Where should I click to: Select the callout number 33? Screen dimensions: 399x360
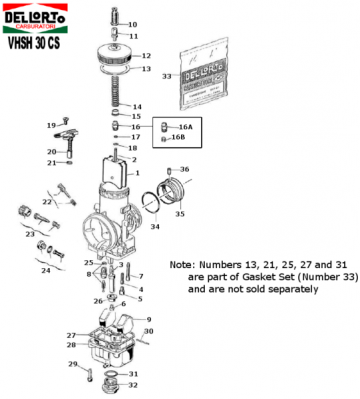coord(167,77)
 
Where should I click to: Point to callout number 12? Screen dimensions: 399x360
coord(146,56)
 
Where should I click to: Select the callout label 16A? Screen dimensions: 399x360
coord(185,128)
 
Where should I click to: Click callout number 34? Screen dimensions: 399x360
coord(155,226)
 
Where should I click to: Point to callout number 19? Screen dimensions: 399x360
coord(49,124)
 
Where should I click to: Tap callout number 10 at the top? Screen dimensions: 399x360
coord(135,23)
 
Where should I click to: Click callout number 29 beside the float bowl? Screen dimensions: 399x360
coord(72,364)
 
